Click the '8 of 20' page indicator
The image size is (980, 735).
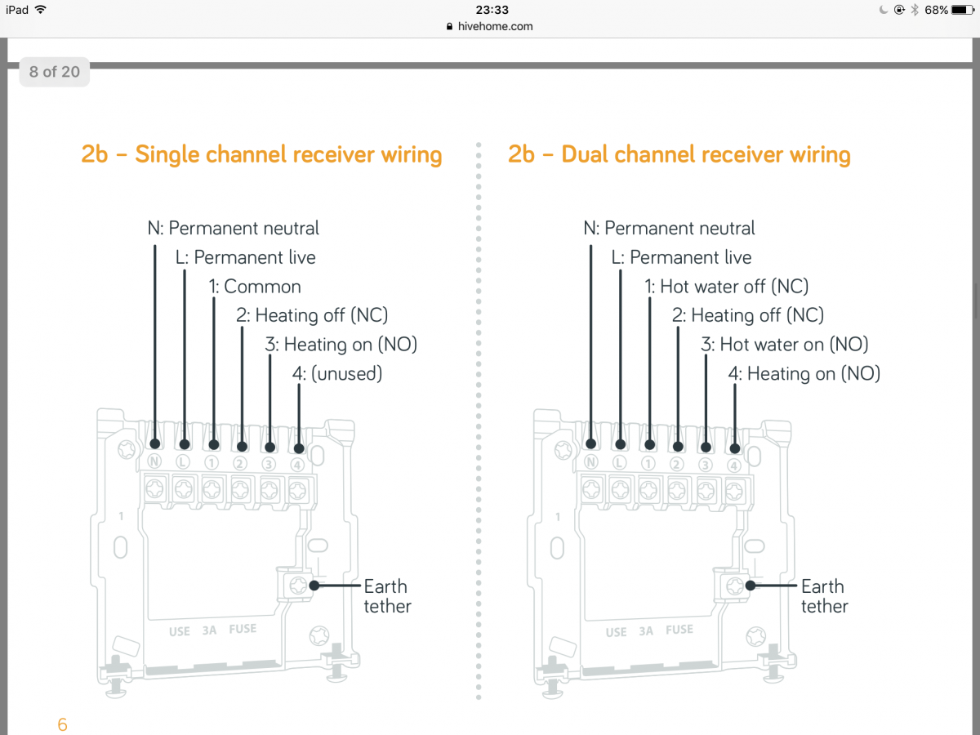tap(54, 72)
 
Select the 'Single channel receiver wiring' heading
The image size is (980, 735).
tap(261, 154)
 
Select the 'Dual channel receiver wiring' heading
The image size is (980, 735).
tap(679, 154)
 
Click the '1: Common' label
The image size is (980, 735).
tap(254, 287)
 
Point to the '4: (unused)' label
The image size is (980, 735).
tap(337, 374)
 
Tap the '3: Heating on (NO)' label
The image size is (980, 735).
tap(341, 345)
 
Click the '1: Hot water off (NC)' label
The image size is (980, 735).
tap(726, 287)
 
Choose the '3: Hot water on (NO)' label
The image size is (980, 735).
tap(784, 345)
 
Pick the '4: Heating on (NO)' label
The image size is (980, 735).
tap(804, 374)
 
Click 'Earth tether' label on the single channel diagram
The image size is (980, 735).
tap(386, 596)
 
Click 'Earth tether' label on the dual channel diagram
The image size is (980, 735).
tap(824, 596)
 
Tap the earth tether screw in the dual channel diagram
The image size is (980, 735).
tap(734, 586)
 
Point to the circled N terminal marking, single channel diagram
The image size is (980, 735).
tap(154, 463)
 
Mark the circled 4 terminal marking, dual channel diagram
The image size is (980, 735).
tap(734, 465)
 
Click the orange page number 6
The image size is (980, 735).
tap(62, 724)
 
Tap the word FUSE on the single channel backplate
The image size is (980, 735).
tap(243, 630)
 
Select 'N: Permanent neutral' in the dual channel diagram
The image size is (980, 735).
tap(669, 229)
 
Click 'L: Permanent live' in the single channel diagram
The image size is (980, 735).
tap(245, 258)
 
